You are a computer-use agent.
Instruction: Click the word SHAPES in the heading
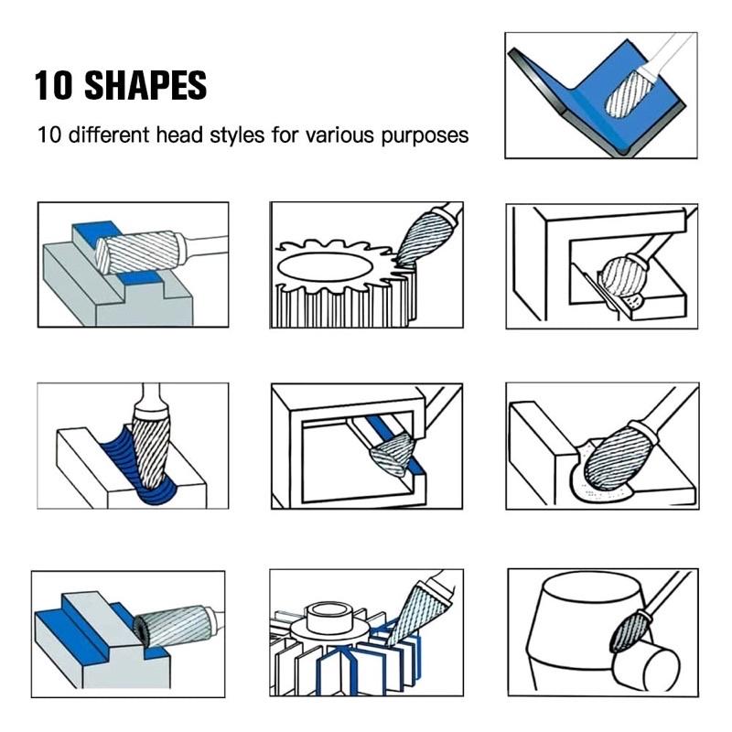(145, 85)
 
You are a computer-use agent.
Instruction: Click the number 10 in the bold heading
(54, 85)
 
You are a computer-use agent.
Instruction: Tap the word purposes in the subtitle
(425, 135)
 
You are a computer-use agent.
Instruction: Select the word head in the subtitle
(179, 135)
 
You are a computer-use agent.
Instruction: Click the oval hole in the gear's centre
(326, 266)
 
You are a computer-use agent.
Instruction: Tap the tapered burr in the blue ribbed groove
(149, 450)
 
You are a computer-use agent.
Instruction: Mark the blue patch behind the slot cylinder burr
(95, 231)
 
